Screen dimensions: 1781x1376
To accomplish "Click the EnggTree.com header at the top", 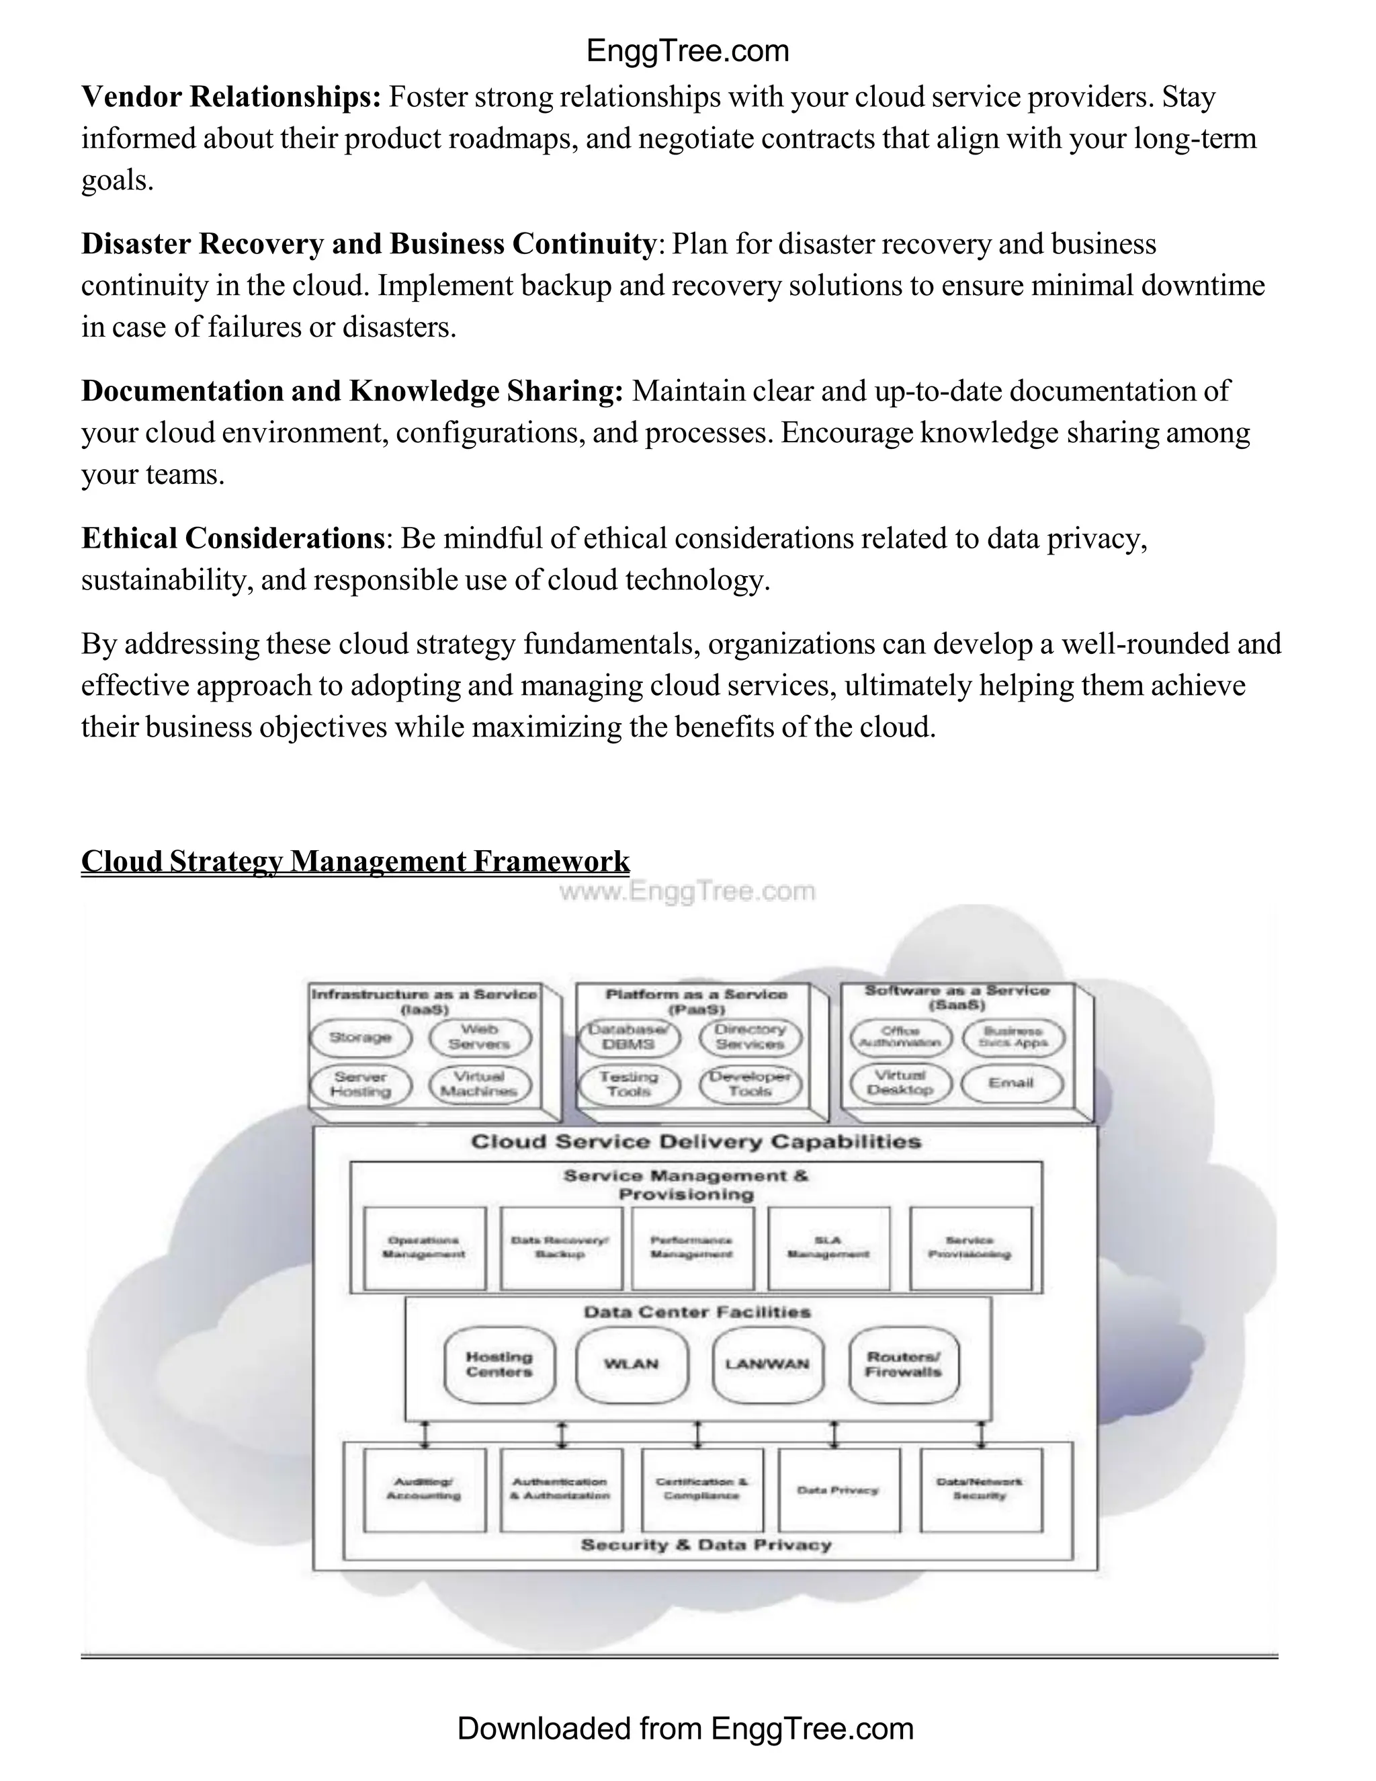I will [x=687, y=51].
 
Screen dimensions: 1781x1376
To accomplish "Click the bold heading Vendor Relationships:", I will [x=230, y=97].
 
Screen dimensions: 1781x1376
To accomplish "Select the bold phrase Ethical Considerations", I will [x=232, y=538].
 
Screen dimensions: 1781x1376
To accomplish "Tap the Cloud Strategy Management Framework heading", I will [x=355, y=861].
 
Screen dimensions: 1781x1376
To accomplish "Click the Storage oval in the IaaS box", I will [x=360, y=1037].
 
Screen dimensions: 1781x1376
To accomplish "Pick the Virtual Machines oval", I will [x=479, y=1084].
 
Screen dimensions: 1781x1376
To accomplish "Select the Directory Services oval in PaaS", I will [x=750, y=1036].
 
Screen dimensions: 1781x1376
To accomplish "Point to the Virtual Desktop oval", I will [x=900, y=1082].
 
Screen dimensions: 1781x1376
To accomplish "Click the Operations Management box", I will [x=424, y=1247].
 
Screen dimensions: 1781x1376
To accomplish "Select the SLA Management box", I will [x=828, y=1247].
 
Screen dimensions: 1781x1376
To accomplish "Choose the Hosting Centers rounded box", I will [x=499, y=1364].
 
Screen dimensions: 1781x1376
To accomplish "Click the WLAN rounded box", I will [x=631, y=1364].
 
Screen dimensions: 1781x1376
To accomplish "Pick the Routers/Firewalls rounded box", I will [x=903, y=1364].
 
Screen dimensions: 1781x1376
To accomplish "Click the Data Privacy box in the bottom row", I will [x=838, y=1490].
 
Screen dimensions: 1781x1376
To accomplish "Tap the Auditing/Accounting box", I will [x=424, y=1490].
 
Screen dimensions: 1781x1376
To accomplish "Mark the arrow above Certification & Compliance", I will [x=697, y=1434].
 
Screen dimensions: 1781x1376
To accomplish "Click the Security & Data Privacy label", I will [x=706, y=1544].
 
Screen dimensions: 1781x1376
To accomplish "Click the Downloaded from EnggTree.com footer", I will [x=685, y=1729].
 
